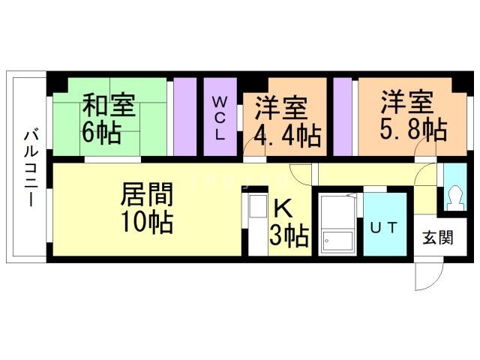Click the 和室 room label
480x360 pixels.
point(109,106)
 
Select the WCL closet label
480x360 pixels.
point(220,118)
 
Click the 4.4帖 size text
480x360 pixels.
point(287,136)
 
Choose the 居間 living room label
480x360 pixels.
point(147,195)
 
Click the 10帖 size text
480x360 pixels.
point(147,222)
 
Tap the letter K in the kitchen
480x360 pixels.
point(283,208)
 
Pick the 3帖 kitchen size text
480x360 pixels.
point(289,235)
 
